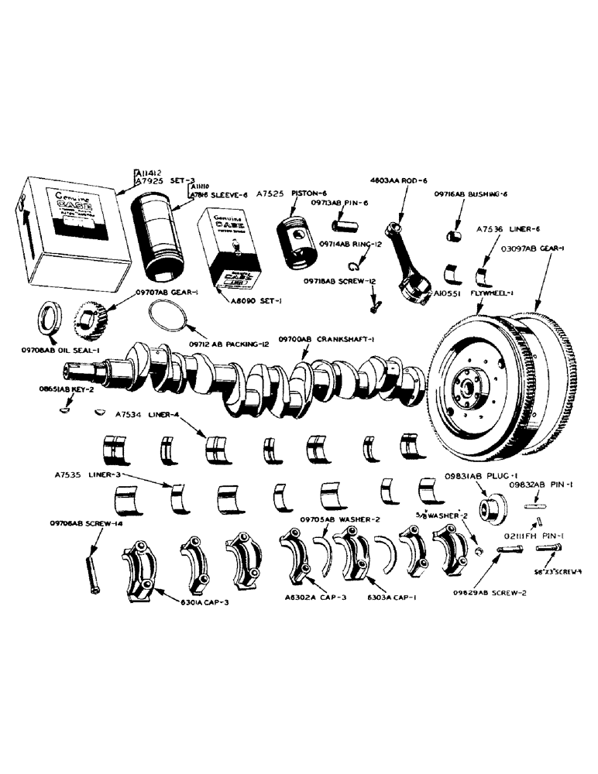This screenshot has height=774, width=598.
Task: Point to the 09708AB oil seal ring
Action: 53,320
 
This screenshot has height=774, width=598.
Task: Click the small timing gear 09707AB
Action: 92,319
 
